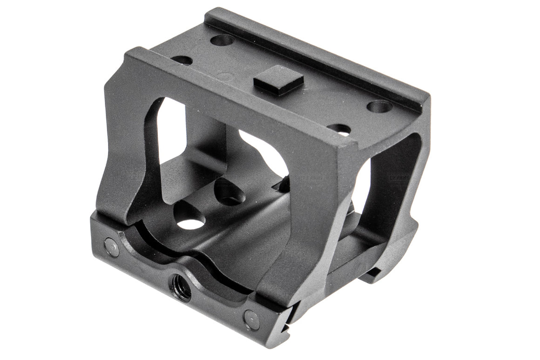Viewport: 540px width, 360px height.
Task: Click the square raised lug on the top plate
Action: click(x=278, y=80)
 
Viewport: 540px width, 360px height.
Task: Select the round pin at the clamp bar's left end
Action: click(x=112, y=247)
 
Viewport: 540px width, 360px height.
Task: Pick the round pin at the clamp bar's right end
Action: click(x=252, y=319)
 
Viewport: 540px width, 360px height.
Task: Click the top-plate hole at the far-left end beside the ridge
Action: click(x=222, y=40)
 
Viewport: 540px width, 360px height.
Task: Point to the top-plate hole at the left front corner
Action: click(x=182, y=60)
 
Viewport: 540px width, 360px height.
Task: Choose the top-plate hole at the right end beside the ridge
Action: click(x=379, y=107)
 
